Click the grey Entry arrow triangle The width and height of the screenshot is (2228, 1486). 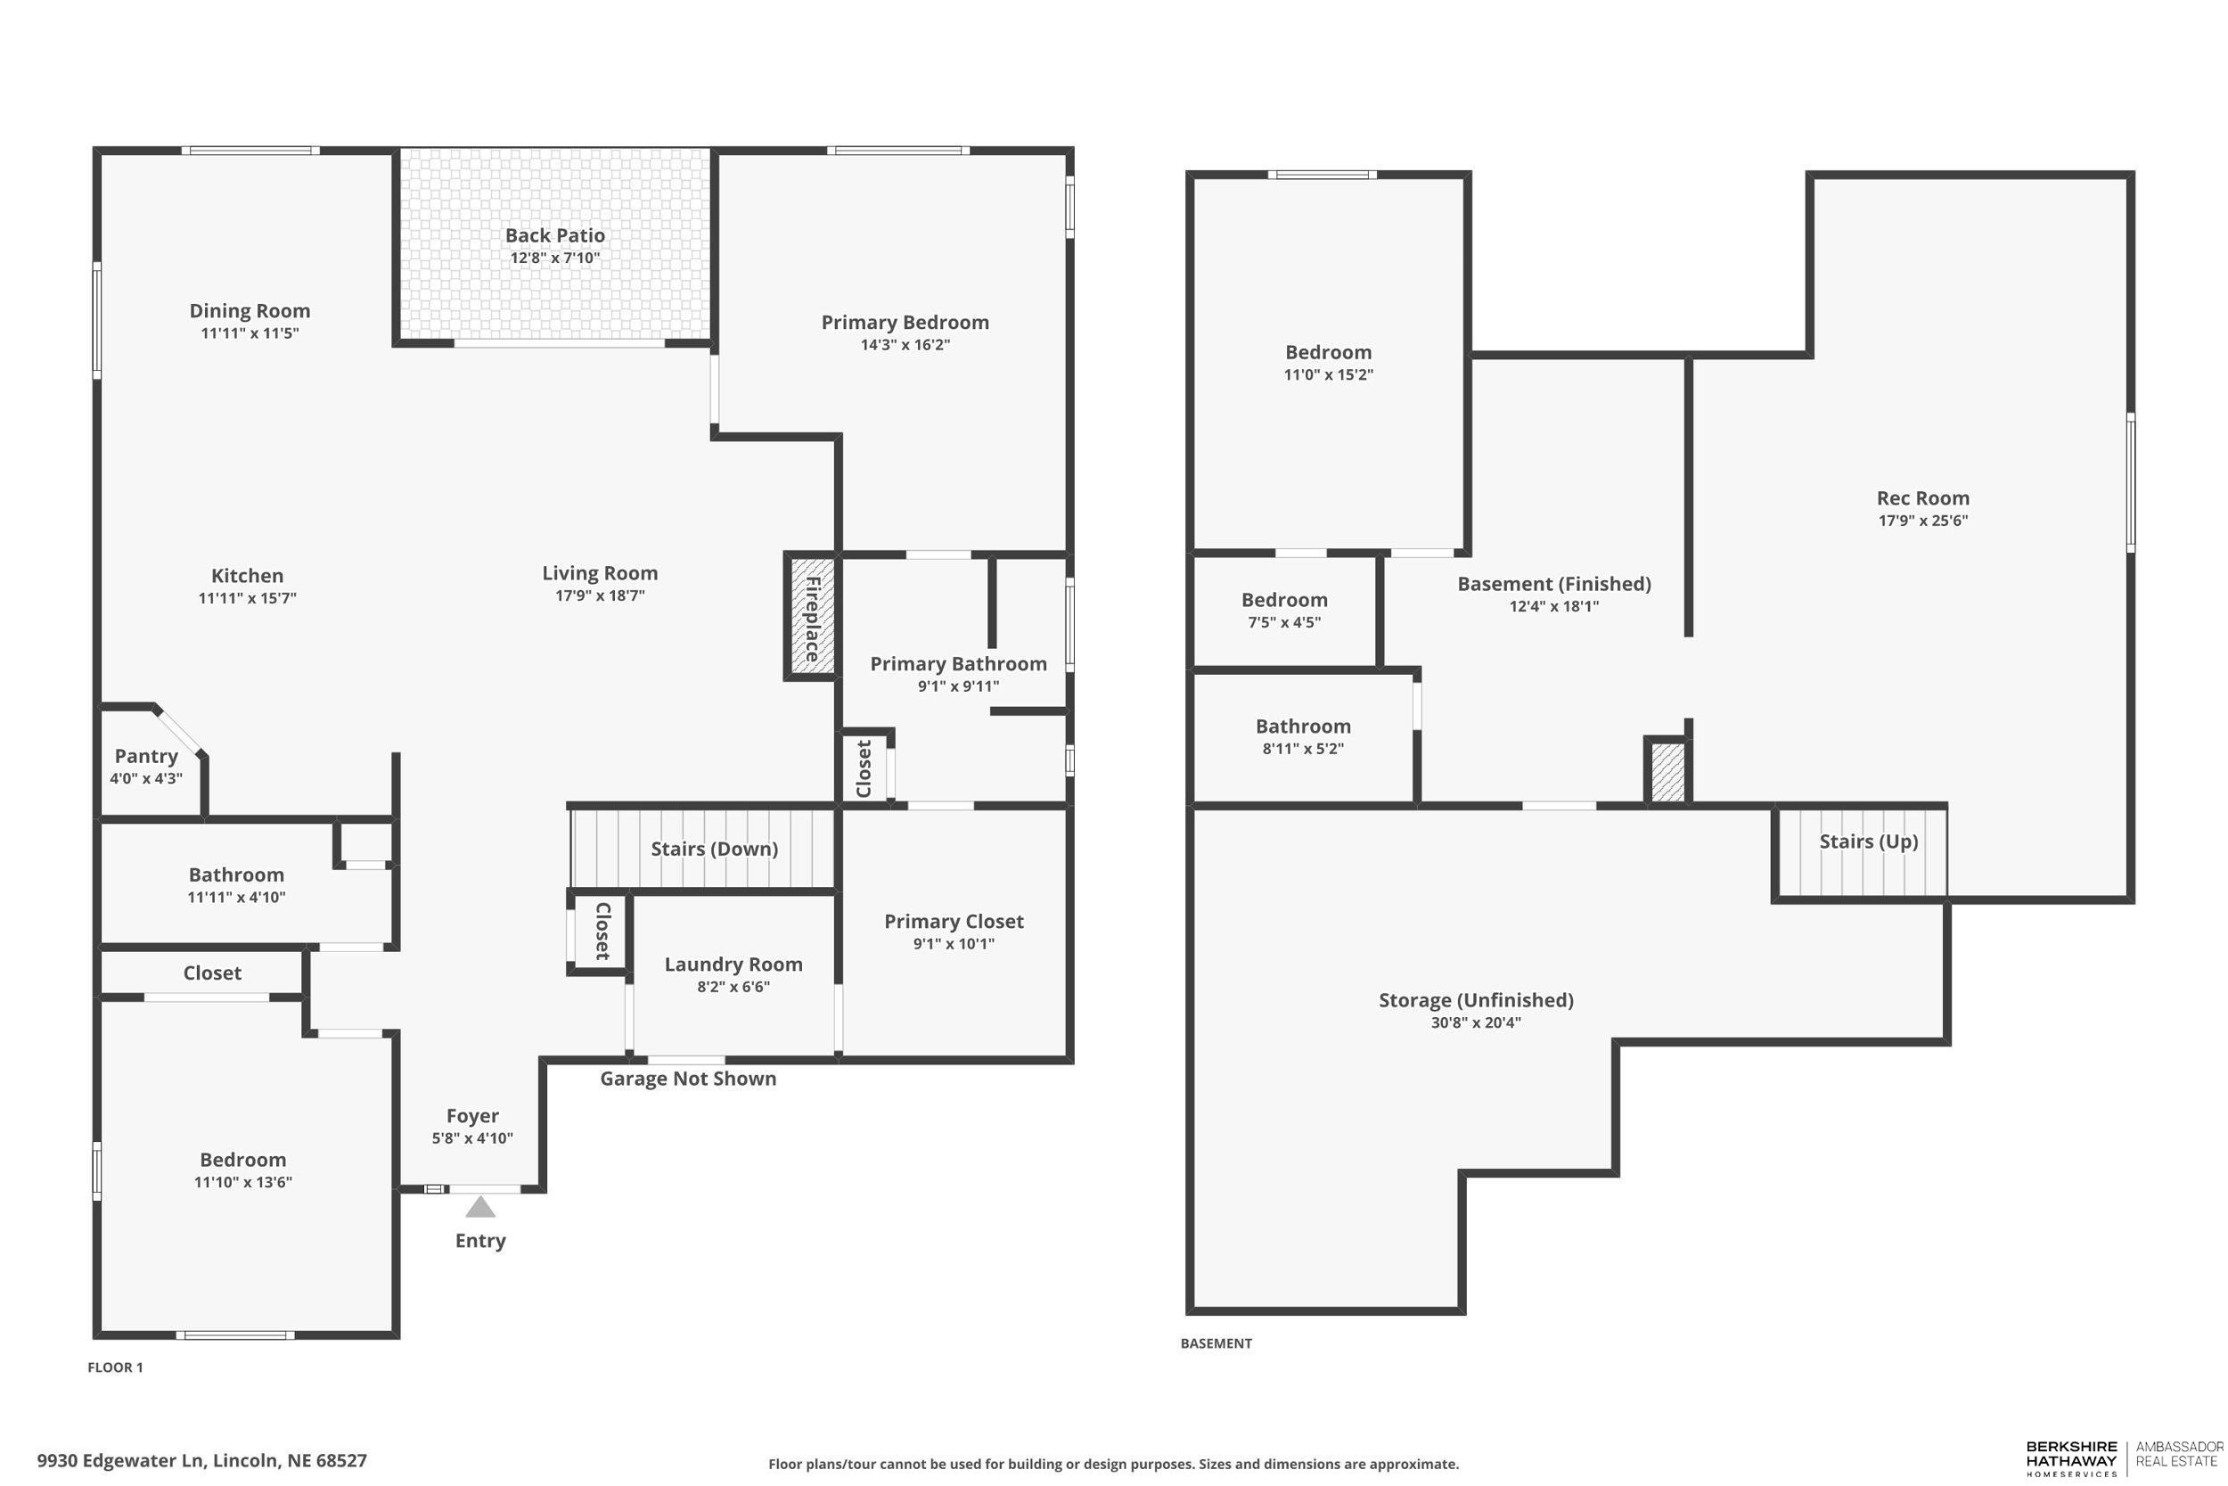[x=480, y=1206]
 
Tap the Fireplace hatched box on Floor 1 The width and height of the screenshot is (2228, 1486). [x=812, y=615]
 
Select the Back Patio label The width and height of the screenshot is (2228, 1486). [x=554, y=235]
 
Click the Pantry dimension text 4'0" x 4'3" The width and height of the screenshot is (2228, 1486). [x=146, y=778]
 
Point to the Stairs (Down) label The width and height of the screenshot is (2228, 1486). [x=714, y=849]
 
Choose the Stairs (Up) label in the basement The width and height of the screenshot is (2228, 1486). [x=1868, y=841]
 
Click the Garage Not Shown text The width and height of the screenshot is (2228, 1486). [x=688, y=1079]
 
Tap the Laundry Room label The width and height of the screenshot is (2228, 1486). [x=733, y=964]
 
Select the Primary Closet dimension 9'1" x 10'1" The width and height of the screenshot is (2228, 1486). [x=953, y=943]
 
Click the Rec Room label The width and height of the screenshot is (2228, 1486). [x=1922, y=497]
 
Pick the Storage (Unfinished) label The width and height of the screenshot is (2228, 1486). [x=1475, y=1000]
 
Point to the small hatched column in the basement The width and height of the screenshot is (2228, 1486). [x=1667, y=772]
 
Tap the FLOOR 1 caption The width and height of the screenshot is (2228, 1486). [x=115, y=1367]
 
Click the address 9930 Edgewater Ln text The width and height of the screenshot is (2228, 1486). [x=201, y=1459]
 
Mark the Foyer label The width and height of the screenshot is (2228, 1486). [x=471, y=1115]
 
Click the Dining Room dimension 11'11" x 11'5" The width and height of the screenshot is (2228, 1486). [x=250, y=333]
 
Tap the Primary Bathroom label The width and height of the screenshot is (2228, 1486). [x=958, y=663]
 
